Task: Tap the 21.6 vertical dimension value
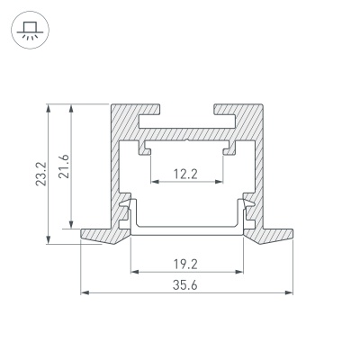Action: tap(64, 166)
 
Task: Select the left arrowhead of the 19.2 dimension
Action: tap(134, 272)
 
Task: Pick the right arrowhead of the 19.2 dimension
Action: tap(240, 272)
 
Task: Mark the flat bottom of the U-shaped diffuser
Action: tap(187, 229)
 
